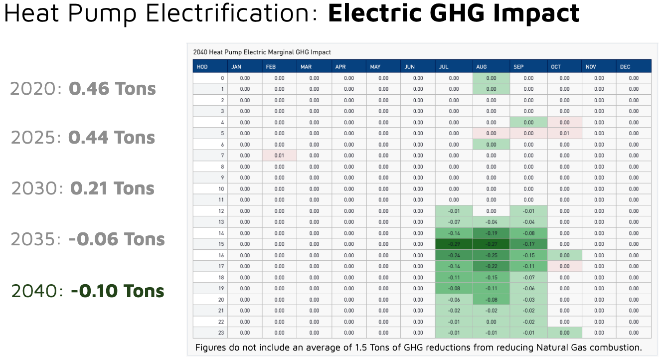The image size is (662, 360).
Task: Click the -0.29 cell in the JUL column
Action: point(454,244)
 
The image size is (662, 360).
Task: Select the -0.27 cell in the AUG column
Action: point(491,244)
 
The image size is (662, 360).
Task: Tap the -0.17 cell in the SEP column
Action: point(528,244)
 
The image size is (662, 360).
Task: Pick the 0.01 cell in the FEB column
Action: point(279,156)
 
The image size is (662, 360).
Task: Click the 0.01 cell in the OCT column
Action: point(564,133)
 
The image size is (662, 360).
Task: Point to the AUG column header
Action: point(482,67)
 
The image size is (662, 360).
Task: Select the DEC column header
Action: point(625,67)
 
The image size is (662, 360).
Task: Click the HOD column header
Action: point(202,67)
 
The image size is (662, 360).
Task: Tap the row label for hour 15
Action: point(221,244)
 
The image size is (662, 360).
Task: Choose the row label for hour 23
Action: point(221,333)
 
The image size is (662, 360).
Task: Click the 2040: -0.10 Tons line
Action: point(88,291)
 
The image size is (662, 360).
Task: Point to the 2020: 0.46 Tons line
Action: point(83,89)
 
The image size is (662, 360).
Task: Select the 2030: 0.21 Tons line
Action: point(83,188)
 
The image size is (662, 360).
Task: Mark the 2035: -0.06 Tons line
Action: point(88,239)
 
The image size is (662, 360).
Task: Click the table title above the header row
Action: point(262,52)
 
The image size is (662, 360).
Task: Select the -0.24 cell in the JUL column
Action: point(454,255)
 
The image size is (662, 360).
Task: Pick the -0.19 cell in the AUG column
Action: point(491,233)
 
